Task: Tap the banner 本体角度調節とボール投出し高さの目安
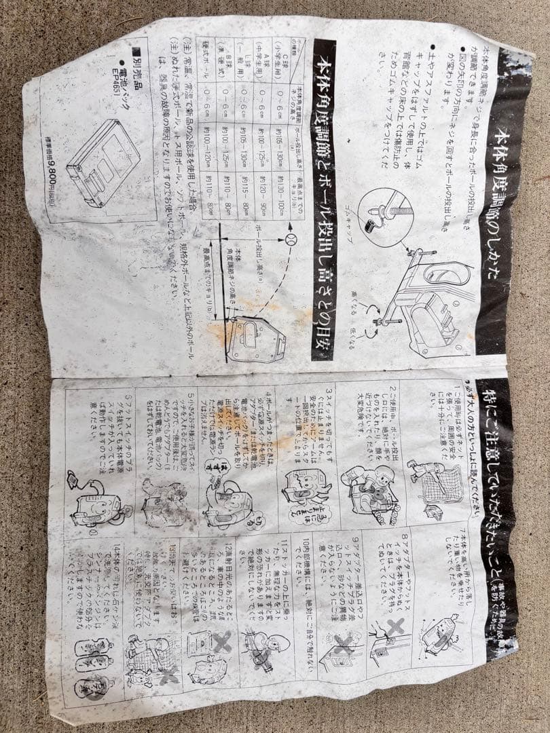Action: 324,197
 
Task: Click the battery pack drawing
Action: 102,163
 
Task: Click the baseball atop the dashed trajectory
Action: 290,240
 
